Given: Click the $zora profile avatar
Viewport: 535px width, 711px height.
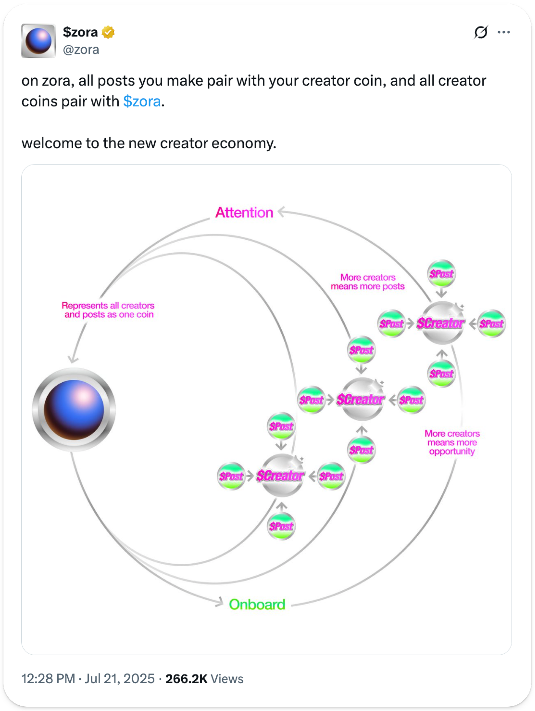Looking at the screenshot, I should [x=39, y=41].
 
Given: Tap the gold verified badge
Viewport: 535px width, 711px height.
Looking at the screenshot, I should [x=108, y=32].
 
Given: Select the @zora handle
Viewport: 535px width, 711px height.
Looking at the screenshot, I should [x=81, y=50].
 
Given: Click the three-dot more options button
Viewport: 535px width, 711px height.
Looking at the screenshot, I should [x=503, y=32].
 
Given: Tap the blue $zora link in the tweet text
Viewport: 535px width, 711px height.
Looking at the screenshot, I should [x=142, y=101].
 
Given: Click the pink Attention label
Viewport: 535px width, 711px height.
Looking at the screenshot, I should [x=244, y=212].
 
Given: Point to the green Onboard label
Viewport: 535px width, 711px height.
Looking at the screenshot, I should [x=257, y=605].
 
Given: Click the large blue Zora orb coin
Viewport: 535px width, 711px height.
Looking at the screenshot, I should [x=74, y=410].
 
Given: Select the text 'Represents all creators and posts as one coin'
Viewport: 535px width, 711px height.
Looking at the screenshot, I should [x=108, y=310].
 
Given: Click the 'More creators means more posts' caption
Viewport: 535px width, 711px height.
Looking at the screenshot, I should [x=368, y=282].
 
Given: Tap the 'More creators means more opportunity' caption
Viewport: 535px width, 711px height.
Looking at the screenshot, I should [x=452, y=442].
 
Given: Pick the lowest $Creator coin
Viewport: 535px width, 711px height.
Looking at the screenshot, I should [x=281, y=476].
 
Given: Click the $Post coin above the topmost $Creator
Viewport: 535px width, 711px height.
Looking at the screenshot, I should [x=442, y=274].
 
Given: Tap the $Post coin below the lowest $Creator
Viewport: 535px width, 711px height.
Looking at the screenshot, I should [x=281, y=526].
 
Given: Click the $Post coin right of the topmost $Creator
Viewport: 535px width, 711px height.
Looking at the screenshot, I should [x=491, y=324].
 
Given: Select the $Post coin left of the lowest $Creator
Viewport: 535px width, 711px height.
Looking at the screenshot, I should [x=231, y=476].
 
